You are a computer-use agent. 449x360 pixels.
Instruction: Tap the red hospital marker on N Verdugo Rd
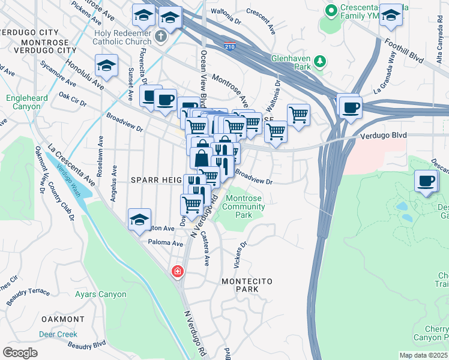pos(177,272)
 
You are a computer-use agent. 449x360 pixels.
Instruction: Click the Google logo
pos(20,352)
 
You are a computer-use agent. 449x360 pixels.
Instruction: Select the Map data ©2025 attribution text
pos(423,355)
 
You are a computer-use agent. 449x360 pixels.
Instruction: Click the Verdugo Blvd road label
pos(384,136)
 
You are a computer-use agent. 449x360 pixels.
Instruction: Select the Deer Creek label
pos(58,334)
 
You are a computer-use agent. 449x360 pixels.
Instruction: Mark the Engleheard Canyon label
pos(23,102)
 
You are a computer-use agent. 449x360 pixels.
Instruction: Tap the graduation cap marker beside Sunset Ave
pos(106,66)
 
